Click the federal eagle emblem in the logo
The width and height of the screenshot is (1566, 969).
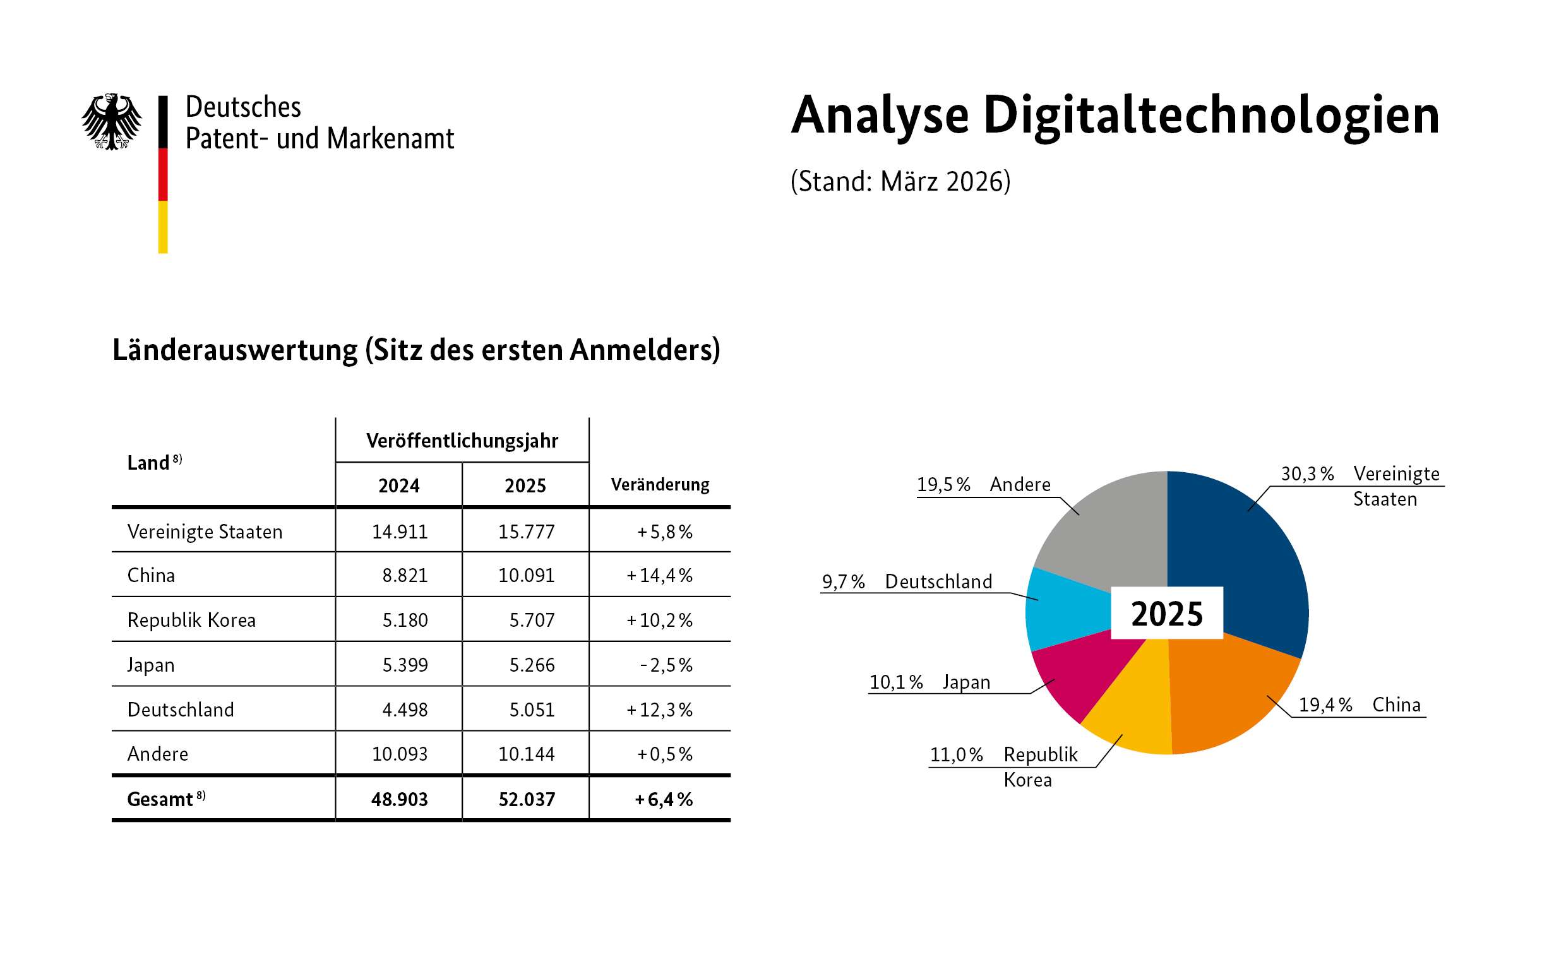112,122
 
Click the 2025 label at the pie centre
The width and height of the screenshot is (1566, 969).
1167,614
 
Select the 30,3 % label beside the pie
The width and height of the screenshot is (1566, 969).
1307,473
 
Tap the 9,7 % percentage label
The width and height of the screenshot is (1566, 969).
843,581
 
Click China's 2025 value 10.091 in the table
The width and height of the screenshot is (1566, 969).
526,575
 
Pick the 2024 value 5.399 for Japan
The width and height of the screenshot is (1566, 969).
405,665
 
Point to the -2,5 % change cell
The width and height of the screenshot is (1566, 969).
666,665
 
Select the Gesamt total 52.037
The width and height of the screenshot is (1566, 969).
526,799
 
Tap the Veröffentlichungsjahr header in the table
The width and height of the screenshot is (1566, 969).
462,440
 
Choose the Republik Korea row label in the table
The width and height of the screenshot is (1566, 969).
191,620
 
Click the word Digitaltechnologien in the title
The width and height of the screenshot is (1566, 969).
1211,116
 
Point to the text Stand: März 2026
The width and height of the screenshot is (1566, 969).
900,181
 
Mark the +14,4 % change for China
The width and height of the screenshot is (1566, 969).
660,575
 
